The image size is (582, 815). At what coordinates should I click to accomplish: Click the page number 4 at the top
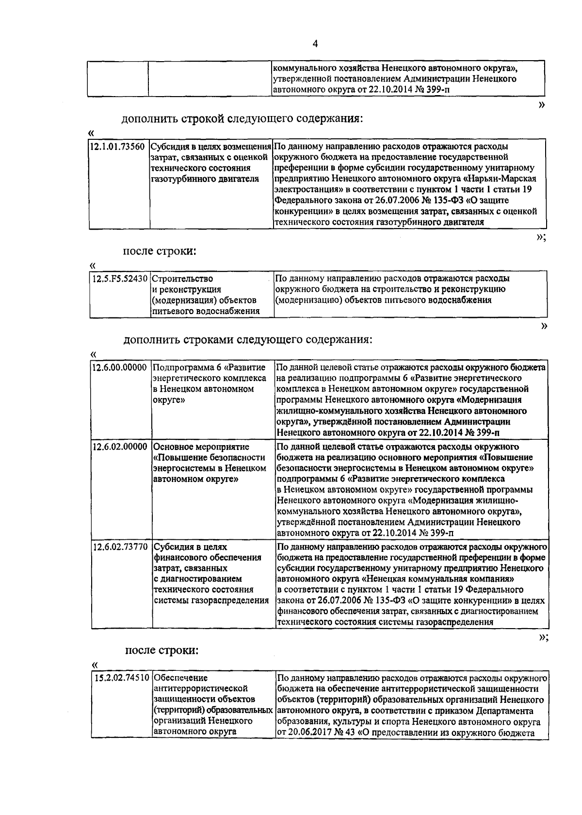pyautogui.click(x=315, y=44)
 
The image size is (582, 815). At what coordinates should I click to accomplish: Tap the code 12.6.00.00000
pyautogui.click(x=120, y=367)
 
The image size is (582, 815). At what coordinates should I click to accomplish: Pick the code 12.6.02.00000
pyautogui.click(x=120, y=447)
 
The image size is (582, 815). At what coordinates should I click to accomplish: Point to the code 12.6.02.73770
pyautogui.click(x=120, y=547)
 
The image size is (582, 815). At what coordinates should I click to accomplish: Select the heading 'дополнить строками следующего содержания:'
pyautogui.click(x=248, y=339)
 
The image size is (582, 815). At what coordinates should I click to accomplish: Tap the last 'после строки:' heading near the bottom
pyautogui.click(x=162, y=650)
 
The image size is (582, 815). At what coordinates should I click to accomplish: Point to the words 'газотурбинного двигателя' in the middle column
pyautogui.click(x=205, y=179)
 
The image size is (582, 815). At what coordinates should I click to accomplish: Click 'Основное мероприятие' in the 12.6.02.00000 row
pyautogui.click(x=201, y=447)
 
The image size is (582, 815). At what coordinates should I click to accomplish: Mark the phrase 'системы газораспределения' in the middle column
pyautogui.click(x=211, y=600)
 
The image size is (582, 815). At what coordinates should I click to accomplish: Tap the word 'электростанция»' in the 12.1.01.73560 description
pyautogui.click(x=307, y=190)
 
